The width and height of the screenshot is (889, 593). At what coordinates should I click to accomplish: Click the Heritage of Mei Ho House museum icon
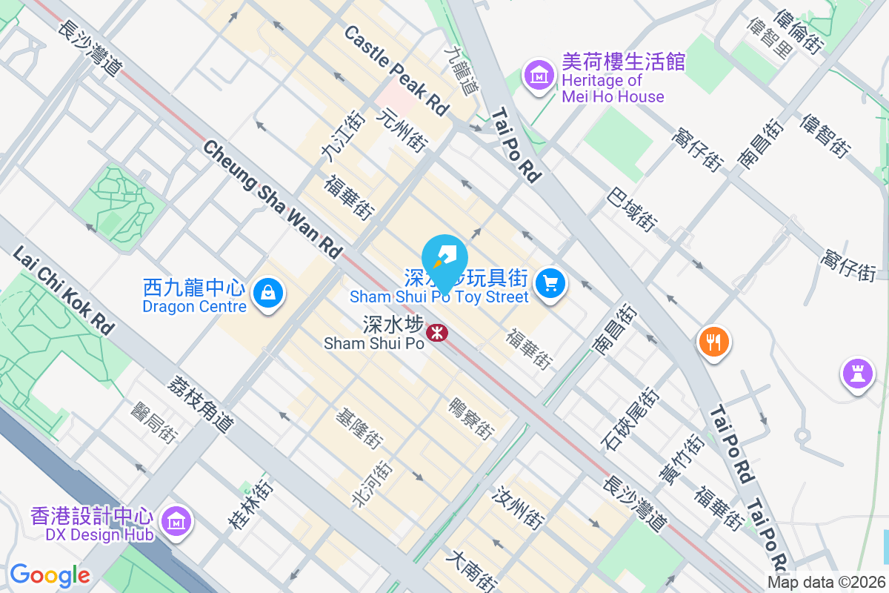(540, 75)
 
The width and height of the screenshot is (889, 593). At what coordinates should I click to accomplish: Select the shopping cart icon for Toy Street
(550, 283)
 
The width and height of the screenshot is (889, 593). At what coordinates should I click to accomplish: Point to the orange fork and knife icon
(714, 342)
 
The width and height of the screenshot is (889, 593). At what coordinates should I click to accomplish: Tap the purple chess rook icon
(857, 374)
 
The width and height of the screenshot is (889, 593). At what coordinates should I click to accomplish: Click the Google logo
(50, 574)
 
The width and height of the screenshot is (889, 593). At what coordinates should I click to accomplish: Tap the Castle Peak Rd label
(396, 70)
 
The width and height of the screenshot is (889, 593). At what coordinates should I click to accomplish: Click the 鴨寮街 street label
(471, 418)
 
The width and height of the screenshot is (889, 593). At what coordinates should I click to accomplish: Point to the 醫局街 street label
(154, 423)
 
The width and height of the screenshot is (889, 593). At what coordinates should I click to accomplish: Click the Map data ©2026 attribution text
(825, 582)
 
